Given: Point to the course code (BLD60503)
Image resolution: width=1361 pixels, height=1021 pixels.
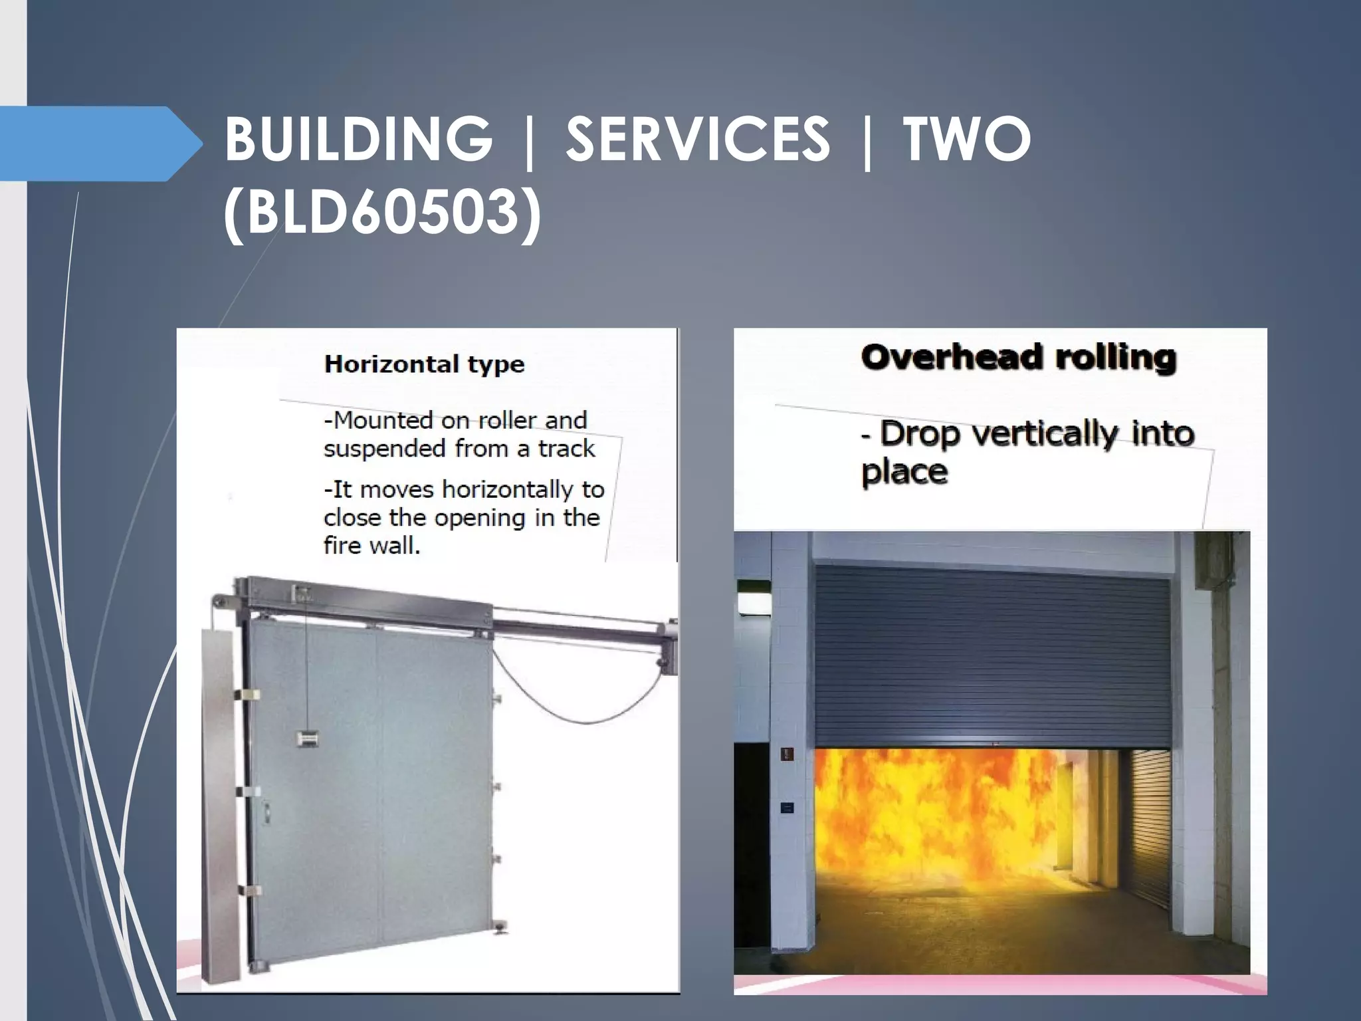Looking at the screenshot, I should (x=382, y=213).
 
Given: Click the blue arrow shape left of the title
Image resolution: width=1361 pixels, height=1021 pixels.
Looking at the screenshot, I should (x=100, y=144).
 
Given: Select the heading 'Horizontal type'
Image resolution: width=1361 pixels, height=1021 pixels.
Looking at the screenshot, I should (x=424, y=364).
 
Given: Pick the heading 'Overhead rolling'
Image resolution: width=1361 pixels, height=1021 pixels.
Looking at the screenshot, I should (x=1018, y=358).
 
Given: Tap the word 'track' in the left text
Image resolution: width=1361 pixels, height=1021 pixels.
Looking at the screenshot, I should (x=566, y=449).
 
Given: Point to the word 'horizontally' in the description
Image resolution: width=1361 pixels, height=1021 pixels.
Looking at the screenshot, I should (x=509, y=489).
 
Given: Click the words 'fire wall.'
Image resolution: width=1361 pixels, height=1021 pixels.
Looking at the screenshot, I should (x=371, y=546).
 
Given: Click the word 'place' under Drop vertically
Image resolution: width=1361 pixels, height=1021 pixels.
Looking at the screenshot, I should (x=904, y=472).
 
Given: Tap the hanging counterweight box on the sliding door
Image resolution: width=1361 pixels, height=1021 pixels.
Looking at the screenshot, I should (x=308, y=737).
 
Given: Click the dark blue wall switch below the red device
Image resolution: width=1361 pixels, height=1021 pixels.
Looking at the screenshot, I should (x=787, y=808).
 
